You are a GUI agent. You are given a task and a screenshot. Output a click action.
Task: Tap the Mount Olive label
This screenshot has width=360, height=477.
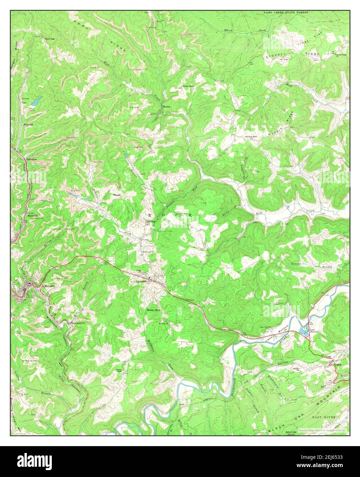tap(154, 310)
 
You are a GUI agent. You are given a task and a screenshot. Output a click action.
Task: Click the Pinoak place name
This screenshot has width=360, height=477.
tap(117, 195)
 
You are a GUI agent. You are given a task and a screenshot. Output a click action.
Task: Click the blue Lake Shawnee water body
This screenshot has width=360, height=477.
tap(303, 330)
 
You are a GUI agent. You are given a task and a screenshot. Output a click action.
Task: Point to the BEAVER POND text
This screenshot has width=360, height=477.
tap(290, 433)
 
